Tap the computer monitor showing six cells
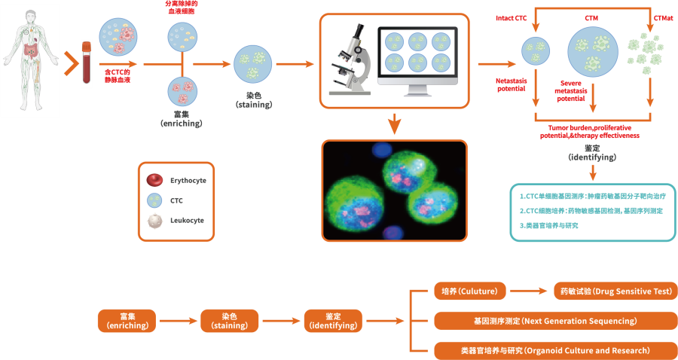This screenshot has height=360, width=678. pos(419,60)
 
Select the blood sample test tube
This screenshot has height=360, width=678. pos(86,65)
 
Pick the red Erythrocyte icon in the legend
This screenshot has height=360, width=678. pos(154,180)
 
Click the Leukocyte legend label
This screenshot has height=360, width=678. pos(188,221)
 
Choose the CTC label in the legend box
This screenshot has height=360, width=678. pos(176,200)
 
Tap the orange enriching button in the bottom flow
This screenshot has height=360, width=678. pos(127,321)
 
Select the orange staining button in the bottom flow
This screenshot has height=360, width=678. pos(229,321)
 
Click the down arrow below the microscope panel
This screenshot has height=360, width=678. pos(393,124)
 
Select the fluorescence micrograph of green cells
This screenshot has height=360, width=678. pos(395,191)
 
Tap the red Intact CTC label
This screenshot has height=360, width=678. pos(512,17)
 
